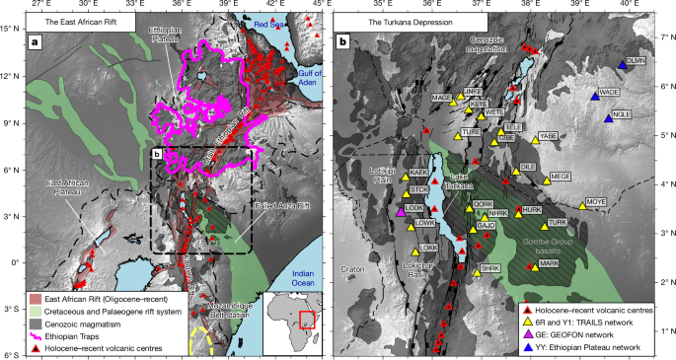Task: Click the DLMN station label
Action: tap(638, 61)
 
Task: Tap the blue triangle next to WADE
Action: tap(595, 96)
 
